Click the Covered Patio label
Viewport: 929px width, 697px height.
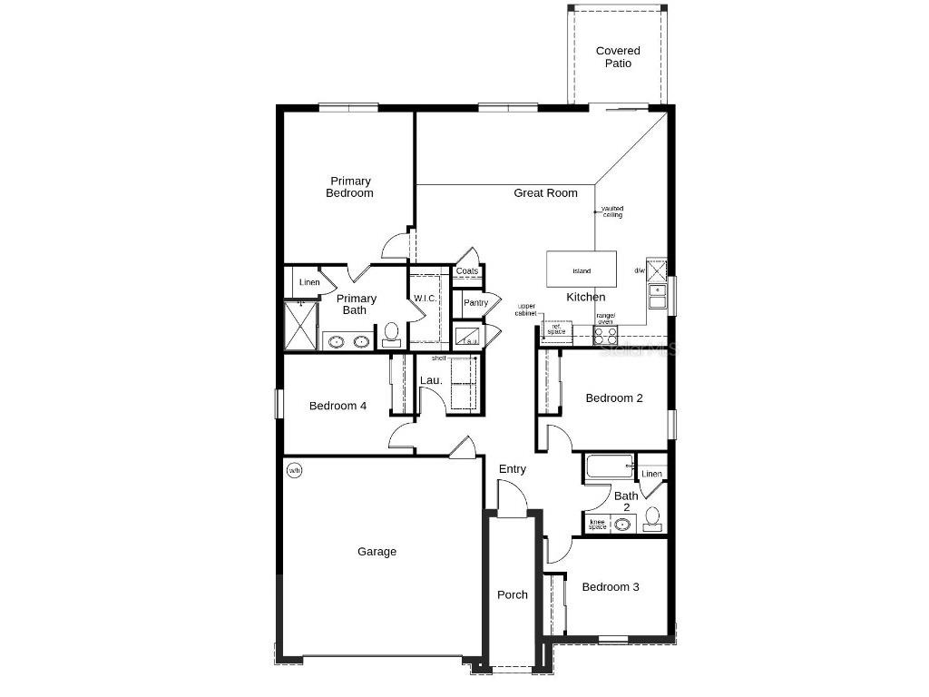tap(618, 57)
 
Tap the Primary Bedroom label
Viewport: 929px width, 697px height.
tap(349, 187)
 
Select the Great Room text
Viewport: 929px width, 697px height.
tap(545, 192)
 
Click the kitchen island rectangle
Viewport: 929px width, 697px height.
tap(581, 270)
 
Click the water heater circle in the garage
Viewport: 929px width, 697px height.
tap(295, 470)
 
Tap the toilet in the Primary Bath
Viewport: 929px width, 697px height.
tap(392, 334)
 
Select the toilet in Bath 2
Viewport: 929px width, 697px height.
tap(652, 519)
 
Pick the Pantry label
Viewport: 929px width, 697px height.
tap(475, 302)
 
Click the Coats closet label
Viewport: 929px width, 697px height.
tap(467, 271)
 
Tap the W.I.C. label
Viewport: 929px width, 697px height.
tap(426, 298)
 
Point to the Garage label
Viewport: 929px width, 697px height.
tap(376, 551)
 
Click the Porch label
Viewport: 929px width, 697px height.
tap(513, 594)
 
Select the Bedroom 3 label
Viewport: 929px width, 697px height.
tap(610, 587)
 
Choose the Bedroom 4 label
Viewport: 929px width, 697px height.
tap(337, 406)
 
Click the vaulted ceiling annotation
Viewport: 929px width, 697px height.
tap(612, 211)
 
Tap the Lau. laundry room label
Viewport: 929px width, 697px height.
tap(431, 380)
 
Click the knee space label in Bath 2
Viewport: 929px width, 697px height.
tap(597, 524)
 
